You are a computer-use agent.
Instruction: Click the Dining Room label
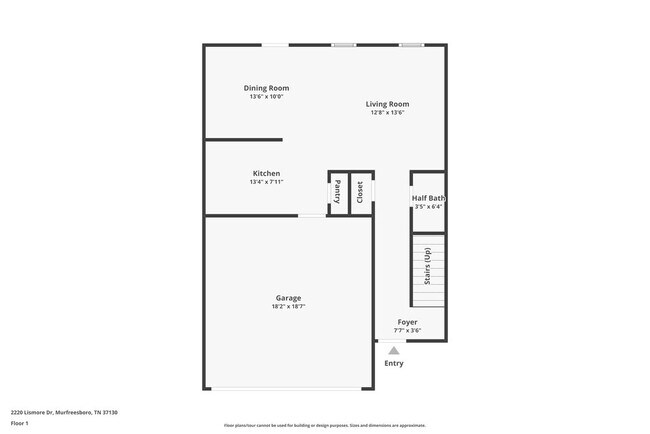point(267,88)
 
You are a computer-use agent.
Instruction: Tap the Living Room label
point(387,104)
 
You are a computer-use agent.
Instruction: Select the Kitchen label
point(266,173)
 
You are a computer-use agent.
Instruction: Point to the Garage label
point(288,298)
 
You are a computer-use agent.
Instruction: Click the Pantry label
point(337,191)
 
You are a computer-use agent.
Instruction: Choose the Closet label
point(360,192)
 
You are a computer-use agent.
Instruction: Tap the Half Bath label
point(428,198)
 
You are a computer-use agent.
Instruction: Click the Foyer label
point(407,322)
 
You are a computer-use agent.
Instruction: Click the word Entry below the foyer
point(394,363)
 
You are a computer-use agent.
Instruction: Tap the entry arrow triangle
point(394,350)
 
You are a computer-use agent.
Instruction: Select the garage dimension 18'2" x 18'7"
point(288,307)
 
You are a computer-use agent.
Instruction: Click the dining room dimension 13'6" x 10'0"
point(267,97)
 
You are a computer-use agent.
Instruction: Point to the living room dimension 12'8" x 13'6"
point(387,113)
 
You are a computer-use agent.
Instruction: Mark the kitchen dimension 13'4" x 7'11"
point(266,182)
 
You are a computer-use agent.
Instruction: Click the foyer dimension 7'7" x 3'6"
point(407,330)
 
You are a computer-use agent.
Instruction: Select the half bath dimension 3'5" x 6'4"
point(428,207)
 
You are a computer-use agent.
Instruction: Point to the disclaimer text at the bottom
point(324,426)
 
